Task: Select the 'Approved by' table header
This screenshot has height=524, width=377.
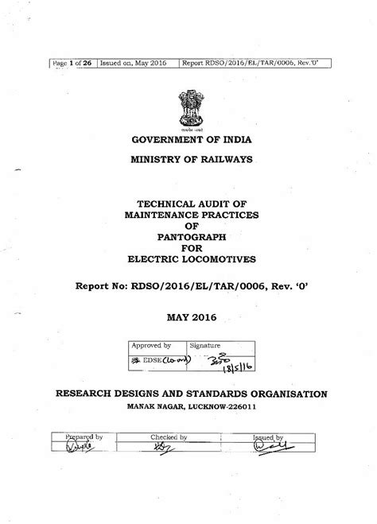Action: pos(151,346)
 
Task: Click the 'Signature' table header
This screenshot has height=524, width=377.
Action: pos(205,346)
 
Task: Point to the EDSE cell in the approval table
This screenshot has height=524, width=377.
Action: pos(155,362)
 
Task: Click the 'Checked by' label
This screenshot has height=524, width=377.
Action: pos(169,437)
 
